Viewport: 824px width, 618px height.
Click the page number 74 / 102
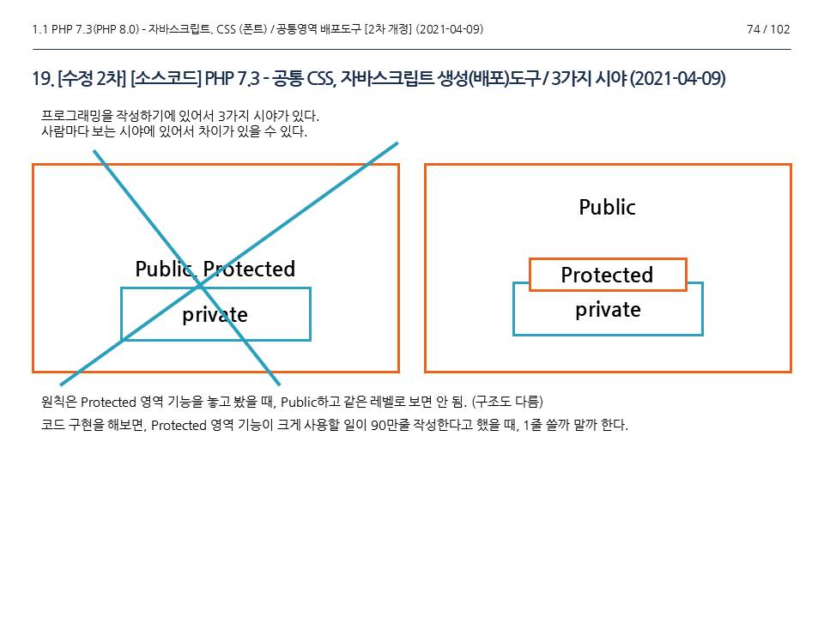(768, 30)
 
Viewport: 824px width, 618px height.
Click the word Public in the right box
(607, 207)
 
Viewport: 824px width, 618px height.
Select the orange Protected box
(608, 275)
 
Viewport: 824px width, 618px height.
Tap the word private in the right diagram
(608, 310)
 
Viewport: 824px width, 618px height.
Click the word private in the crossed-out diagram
(215, 315)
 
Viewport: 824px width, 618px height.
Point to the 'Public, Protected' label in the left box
(215, 269)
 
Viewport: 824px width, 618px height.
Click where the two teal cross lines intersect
(201, 283)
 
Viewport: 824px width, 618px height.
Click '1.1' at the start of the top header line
(39, 30)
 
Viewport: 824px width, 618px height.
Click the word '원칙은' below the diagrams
(59, 402)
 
